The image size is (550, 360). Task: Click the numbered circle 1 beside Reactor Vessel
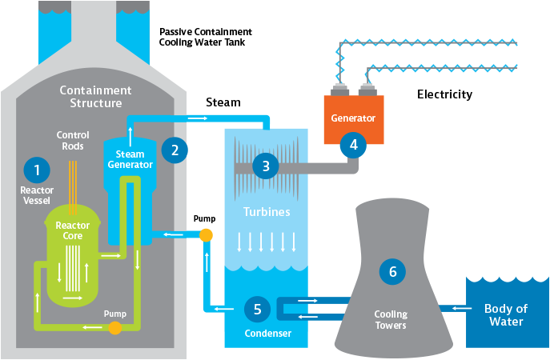click(x=37, y=169)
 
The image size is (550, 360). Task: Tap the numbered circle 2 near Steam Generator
click(x=174, y=150)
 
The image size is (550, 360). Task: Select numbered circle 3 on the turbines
click(x=265, y=166)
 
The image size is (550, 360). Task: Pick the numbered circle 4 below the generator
click(x=352, y=145)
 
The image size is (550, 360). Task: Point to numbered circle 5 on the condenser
click(x=257, y=308)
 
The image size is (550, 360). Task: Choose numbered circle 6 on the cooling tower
click(x=392, y=272)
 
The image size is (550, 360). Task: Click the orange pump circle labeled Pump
click(x=115, y=327)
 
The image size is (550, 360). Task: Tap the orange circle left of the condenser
click(x=206, y=234)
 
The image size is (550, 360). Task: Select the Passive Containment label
click(x=205, y=32)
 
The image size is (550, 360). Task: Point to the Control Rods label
click(x=73, y=140)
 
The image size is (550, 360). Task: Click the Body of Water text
click(x=505, y=315)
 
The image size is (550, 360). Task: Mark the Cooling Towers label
click(x=391, y=319)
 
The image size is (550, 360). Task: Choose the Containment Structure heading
click(x=95, y=97)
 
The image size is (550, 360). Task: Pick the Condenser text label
click(x=268, y=333)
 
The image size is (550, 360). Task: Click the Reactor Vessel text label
click(x=37, y=195)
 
